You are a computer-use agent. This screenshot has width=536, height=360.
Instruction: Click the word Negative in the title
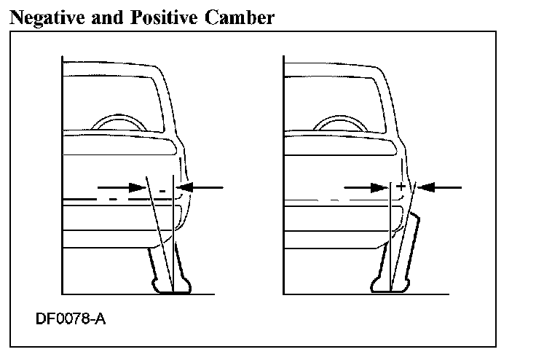click(48, 17)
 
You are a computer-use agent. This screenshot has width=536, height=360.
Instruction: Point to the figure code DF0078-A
click(70, 319)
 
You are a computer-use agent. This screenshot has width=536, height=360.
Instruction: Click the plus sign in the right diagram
click(400, 187)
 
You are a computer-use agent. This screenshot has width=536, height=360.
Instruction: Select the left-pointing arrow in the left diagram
click(201, 187)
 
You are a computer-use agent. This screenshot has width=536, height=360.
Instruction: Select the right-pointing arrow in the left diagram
click(125, 187)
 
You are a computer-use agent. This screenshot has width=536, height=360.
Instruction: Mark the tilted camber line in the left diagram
click(157, 226)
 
